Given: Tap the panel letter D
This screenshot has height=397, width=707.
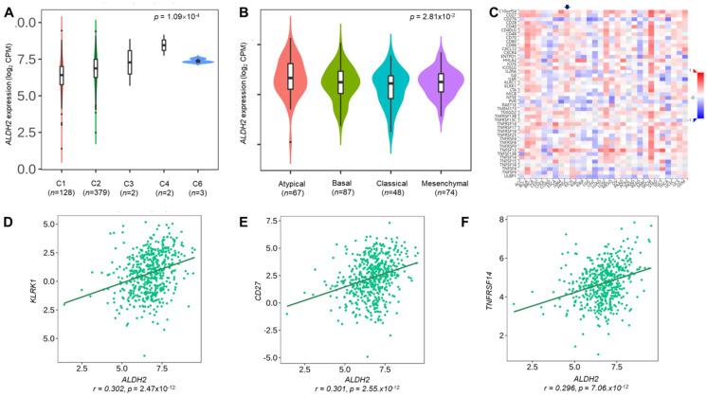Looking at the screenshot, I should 9,224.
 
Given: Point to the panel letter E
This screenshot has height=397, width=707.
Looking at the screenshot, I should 245,224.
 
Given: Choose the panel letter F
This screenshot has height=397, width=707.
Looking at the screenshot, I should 480,224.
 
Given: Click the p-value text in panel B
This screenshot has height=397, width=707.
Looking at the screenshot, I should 420,17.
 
